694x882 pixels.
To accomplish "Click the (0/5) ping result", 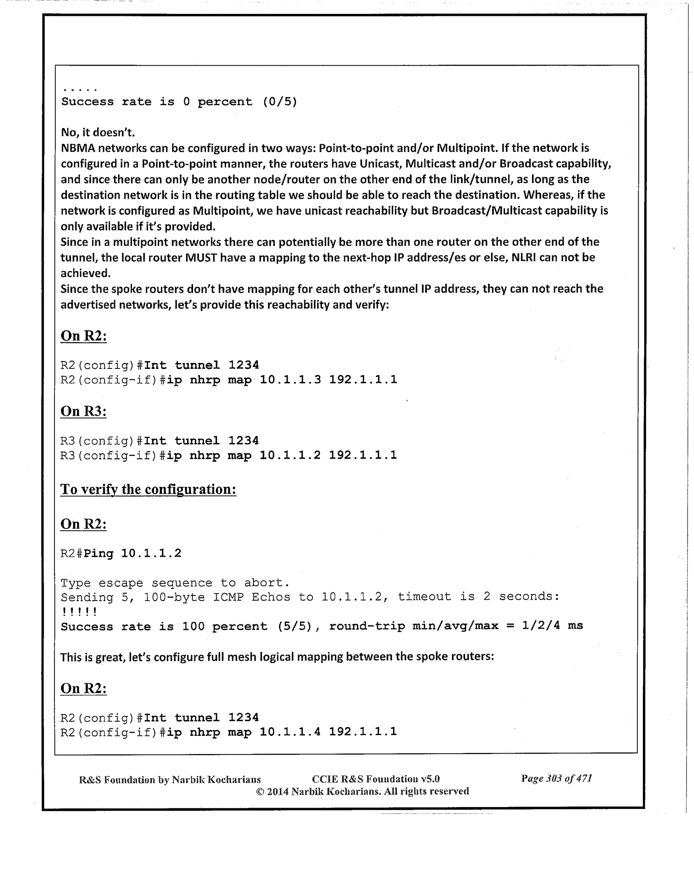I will click(x=280, y=102).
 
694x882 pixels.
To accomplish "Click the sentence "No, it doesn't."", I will click(x=98, y=133).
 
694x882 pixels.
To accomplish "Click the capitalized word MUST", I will click(x=201, y=257).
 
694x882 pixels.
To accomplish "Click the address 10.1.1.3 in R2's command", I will click(x=290, y=380).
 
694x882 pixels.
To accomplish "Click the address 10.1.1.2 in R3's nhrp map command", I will click(x=290, y=455).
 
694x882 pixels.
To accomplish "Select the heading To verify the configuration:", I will click(x=148, y=489).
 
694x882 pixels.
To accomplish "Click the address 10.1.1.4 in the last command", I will click(x=290, y=732).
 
